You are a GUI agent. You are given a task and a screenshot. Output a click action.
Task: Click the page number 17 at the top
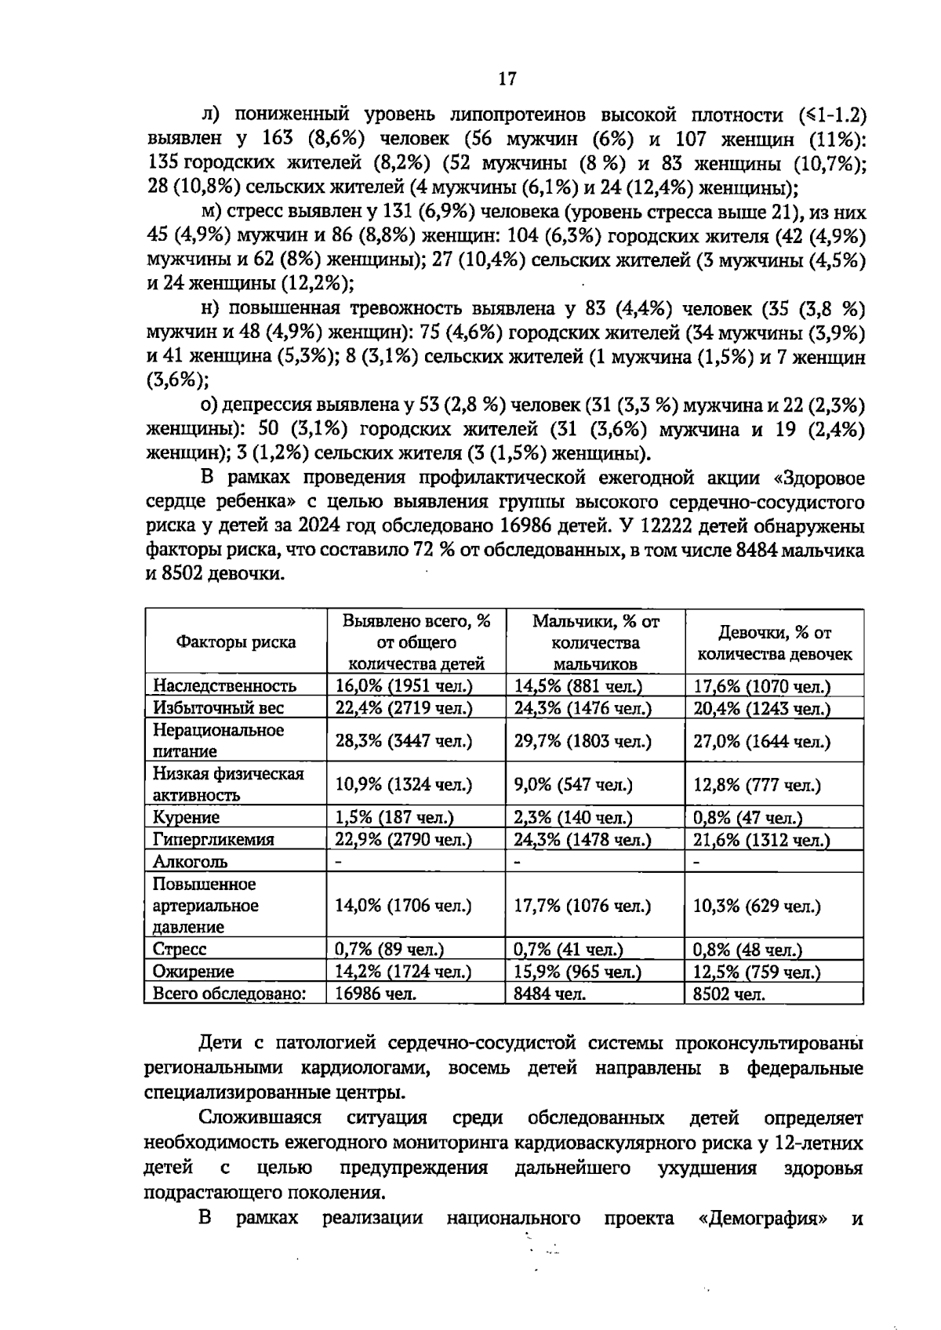(507, 78)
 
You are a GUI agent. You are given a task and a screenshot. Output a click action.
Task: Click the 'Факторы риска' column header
(235, 642)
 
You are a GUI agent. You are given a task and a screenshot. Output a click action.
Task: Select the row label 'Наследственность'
(224, 685)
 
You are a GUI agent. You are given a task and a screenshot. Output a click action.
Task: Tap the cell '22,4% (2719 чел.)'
(404, 707)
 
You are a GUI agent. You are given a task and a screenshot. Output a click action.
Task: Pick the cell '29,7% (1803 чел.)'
(583, 741)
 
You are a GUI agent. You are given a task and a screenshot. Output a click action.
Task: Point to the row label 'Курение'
(186, 817)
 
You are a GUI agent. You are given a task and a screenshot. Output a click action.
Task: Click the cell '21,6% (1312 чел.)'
(761, 840)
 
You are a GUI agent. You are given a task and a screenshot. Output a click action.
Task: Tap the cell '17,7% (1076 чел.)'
(583, 906)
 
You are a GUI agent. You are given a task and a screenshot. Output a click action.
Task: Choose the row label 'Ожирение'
(193, 972)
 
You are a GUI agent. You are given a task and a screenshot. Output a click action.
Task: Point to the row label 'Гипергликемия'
(213, 840)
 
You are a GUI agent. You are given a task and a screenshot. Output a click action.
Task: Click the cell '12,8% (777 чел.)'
(757, 784)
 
